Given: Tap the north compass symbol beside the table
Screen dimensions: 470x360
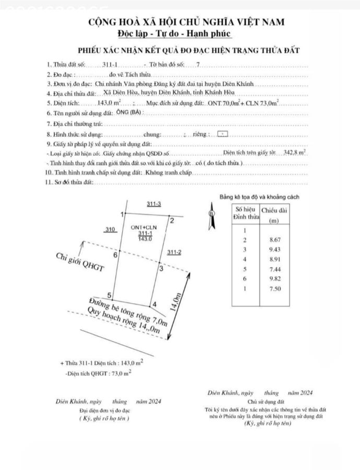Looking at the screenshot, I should coord(211,213).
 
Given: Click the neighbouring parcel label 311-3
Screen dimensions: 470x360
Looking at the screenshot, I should coord(154,204).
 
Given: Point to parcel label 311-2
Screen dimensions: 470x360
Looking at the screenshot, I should coord(174,253).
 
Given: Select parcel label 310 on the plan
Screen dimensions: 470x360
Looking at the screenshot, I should coord(110,229).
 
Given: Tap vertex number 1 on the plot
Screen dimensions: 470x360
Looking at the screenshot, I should coord(122,214).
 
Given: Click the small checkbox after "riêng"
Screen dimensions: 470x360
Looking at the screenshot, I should coord(222,134).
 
